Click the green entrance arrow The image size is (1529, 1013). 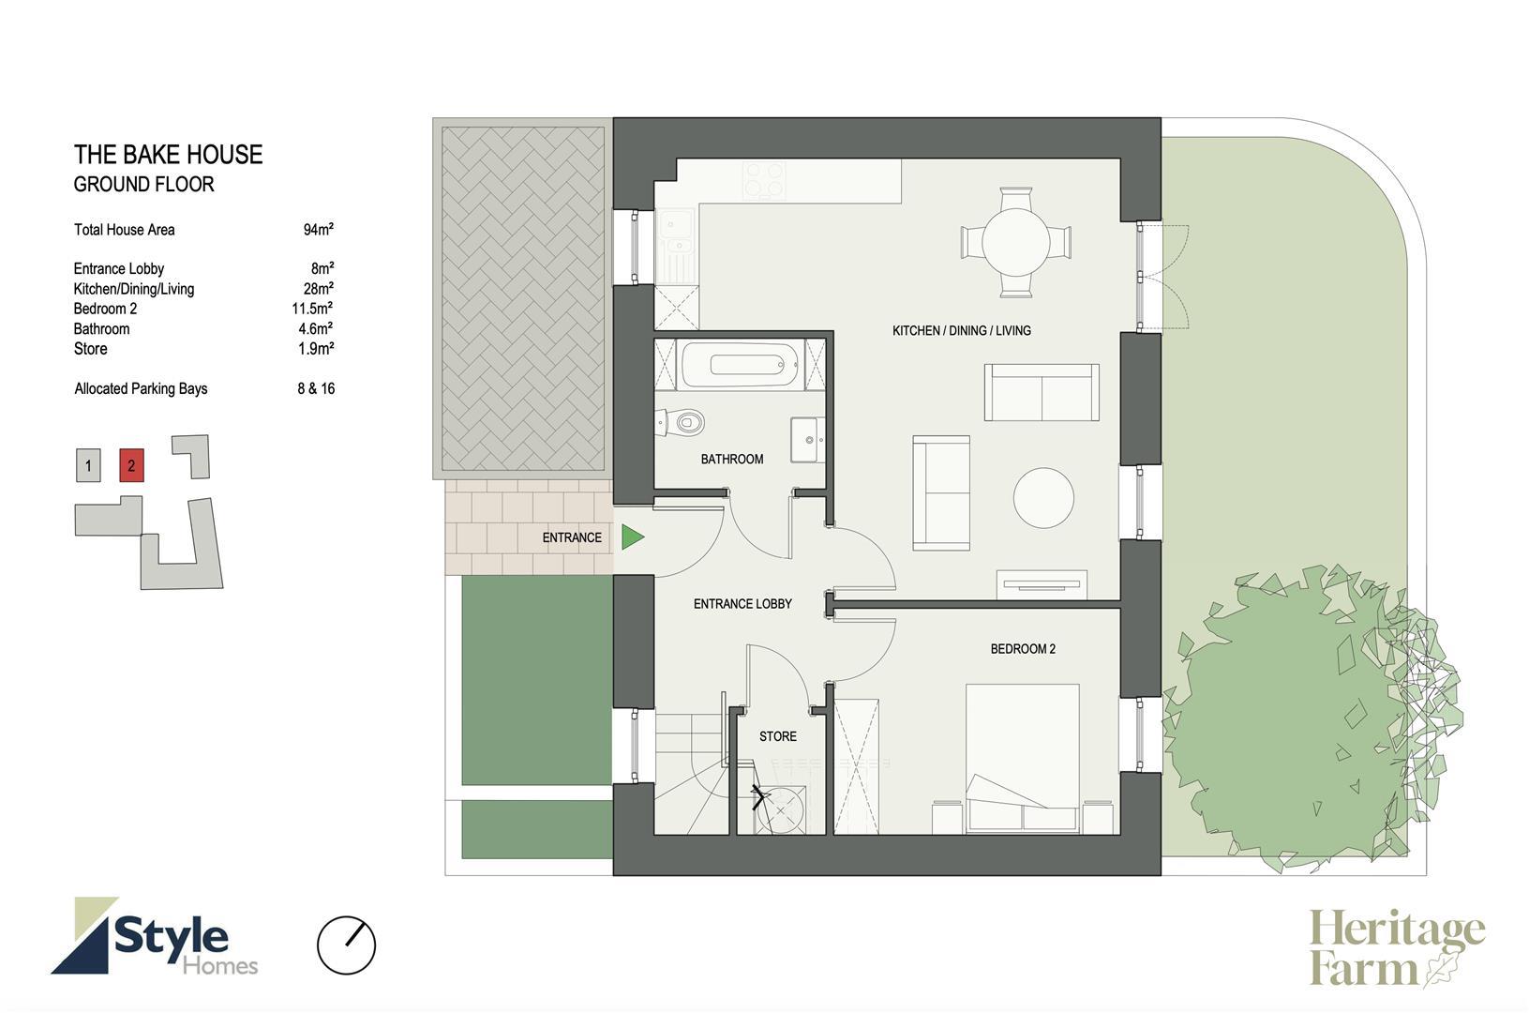tap(631, 537)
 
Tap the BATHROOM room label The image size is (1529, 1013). tap(732, 459)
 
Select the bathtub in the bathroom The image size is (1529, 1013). tap(740, 365)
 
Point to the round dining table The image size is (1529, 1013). tap(1015, 243)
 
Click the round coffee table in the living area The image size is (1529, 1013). tap(1043, 497)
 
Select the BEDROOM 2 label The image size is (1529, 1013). tap(1023, 649)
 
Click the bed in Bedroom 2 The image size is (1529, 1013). tap(1022, 758)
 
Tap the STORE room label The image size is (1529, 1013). tap(777, 736)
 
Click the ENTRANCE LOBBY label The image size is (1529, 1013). tap(742, 604)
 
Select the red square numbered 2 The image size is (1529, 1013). tap(131, 465)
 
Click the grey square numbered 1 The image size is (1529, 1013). tap(88, 465)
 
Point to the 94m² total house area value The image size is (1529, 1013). tap(318, 230)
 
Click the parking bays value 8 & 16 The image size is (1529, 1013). tap(316, 388)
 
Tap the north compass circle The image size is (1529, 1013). tap(346, 945)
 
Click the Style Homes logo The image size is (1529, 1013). tap(155, 935)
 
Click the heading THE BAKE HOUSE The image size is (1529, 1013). tap(168, 155)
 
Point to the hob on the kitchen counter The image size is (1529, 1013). tap(764, 180)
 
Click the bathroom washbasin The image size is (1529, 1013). tap(807, 440)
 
